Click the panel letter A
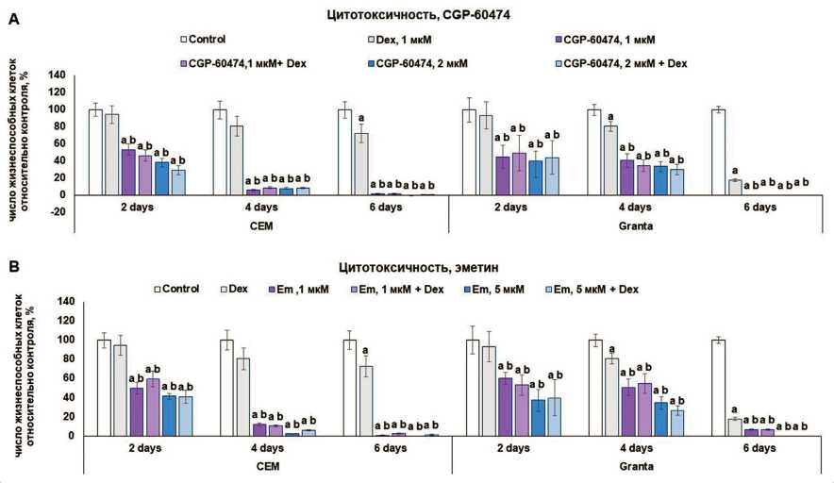(x=13, y=19)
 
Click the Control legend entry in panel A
(x=212, y=40)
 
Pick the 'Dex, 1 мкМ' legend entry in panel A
(x=400, y=40)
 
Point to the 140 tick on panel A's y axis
(x=58, y=75)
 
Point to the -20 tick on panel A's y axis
(x=58, y=212)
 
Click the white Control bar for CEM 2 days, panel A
(x=95, y=152)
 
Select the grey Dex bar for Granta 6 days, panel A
(x=734, y=187)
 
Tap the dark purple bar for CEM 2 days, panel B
(x=136, y=411)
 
